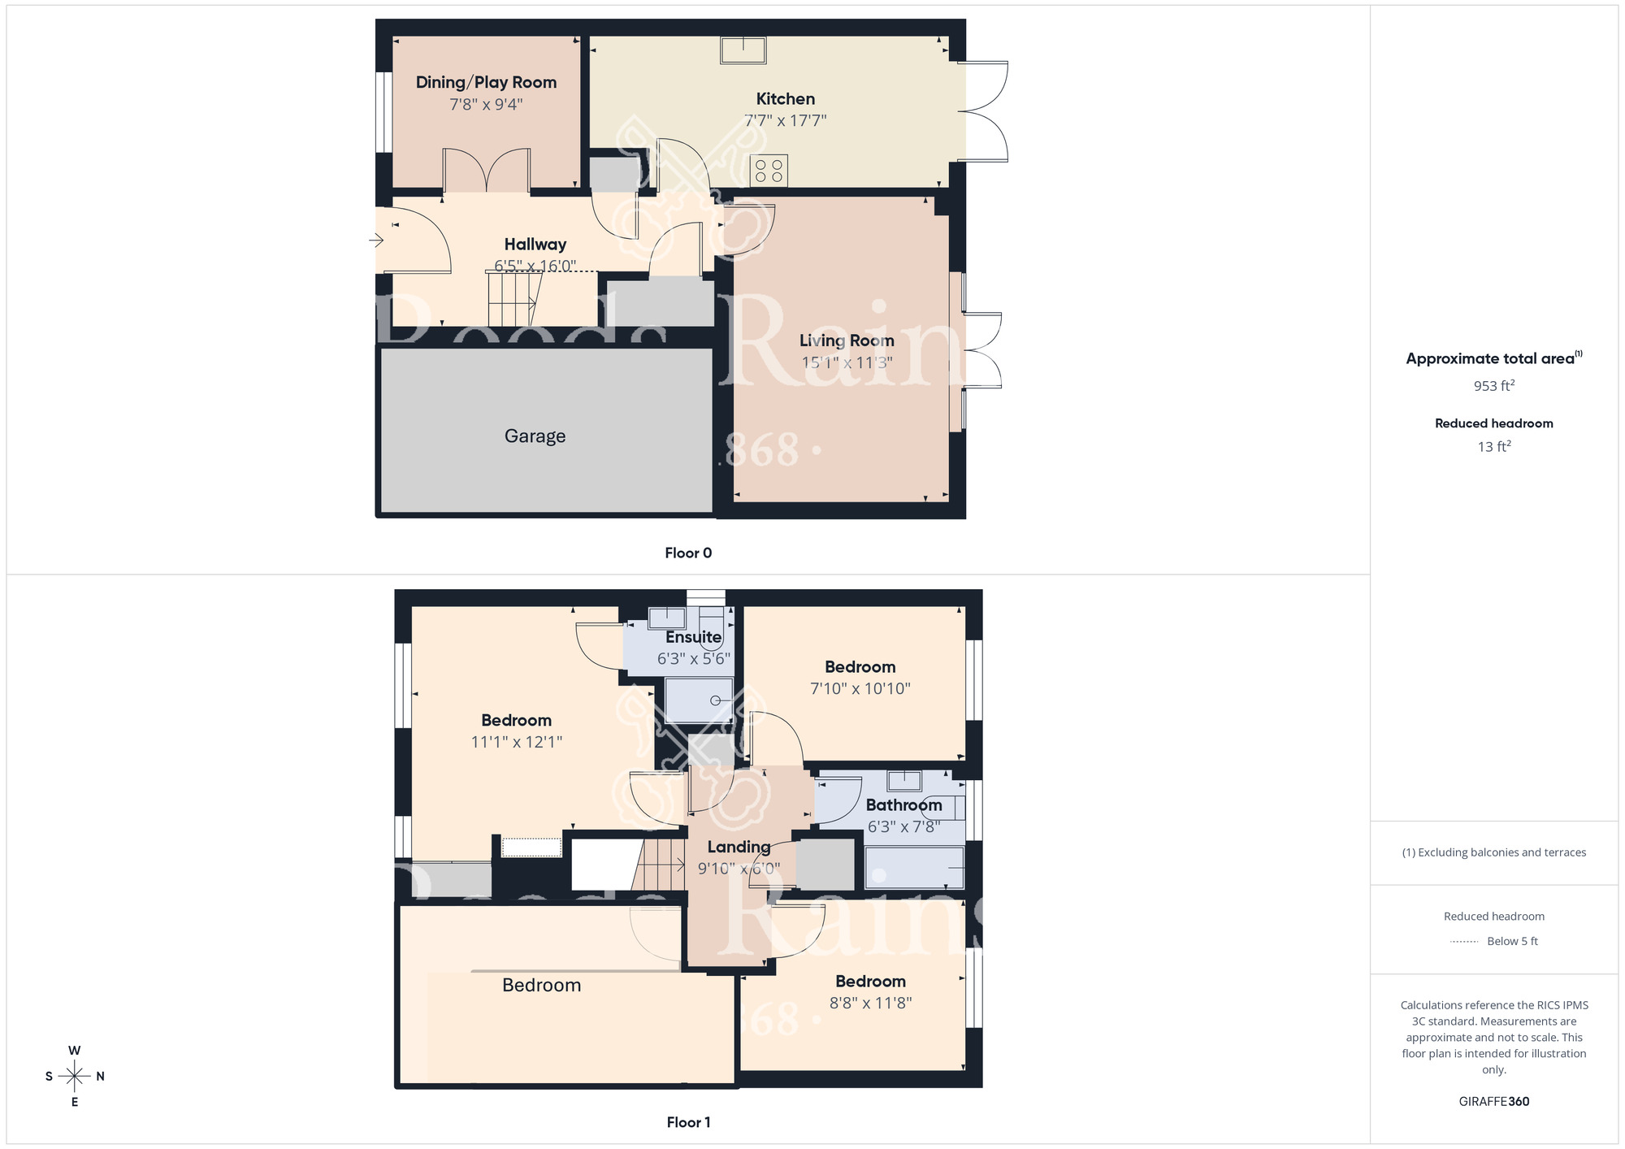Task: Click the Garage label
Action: click(535, 436)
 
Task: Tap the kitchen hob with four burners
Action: click(769, 171)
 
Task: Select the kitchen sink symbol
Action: click(743, 50)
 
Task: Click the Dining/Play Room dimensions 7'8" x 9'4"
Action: click(486, 105)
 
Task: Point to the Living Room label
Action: click(847, 340)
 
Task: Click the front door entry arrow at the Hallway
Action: click(376, 240)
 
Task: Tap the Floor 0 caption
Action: click(688, 553)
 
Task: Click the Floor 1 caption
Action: click(688, 1122)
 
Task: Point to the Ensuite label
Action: click(693, 637)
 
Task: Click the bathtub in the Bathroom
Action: click(915, 868)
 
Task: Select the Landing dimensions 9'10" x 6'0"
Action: click(739, 869)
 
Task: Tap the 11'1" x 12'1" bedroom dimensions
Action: click(517, 742)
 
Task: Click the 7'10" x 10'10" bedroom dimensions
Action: click(860, 689)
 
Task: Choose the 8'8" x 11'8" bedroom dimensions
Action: click(870, 1004)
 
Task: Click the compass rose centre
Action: click(75, 1077)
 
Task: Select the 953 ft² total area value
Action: click(1493, 386)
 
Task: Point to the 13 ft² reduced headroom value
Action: click(1493, 447)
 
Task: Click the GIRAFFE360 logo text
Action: click(1493, 1102)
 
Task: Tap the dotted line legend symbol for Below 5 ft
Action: click(1464, 942)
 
